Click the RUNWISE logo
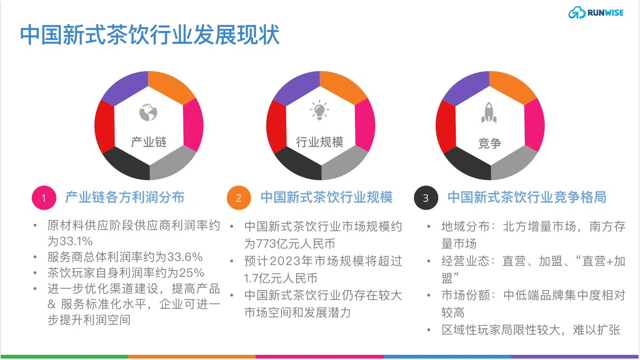pyautogui.click(x=596, y=13)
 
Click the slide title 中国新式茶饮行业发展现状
pyautogui.click(x=150, y=35)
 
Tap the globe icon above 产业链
pyautogui.click(x=148, y=112)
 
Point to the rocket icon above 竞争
pyautogui.click(x=489, y=112)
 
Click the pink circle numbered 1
pyautogui.click(x=44, y=198)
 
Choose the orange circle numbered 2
pyautogui.click(x=239, y=198)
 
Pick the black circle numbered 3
pyautogui.click(x=426, y=198)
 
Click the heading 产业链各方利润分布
pyautogui.click(x=125, y=197)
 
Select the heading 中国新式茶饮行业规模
pyautogui.click(x=327, y=197)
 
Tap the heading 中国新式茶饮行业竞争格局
pyautogui.click(x=527, y=197)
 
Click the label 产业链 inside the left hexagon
pyautogui.click(x=149, y=142)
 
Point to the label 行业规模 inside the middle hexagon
pyautogui.click(x=320, y=142)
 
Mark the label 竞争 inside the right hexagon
pyautogui.click(x=490, y=143)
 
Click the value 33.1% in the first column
pyautogui.click(x=75, y=241)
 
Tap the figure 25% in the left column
pyautogui.click(x=191, y=273)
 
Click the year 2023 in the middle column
pyautogui.click(x=285, y=261)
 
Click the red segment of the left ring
pyautogui.click(x=104, y=126)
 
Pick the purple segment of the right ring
pyautogui.click(x=466, y=88)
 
